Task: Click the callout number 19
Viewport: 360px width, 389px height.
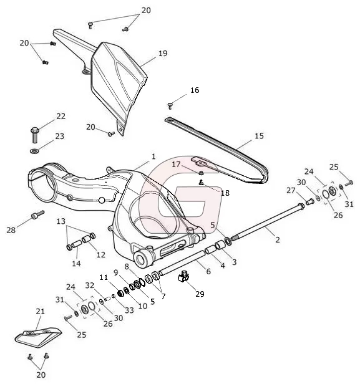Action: pos(163,54)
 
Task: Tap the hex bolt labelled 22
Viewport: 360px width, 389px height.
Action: pos(35,135)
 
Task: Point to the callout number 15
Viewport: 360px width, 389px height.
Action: pos(259,136)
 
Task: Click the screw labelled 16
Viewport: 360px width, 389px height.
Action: pos(170,106)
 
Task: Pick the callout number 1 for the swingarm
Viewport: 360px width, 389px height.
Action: pos(153,157)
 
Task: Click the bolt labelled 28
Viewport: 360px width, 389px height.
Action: pos(37,214)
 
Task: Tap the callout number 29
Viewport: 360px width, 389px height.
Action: pos(200,294)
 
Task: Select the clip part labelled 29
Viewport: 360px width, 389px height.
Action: pos(183,277)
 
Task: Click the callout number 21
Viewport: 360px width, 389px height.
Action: pos(40,311)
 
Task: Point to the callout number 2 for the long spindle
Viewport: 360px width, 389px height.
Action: pos(278,239)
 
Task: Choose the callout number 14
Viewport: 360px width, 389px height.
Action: pos(76,264)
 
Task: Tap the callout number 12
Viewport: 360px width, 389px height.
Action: pos(101,255)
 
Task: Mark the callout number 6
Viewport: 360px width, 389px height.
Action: pos(208,271)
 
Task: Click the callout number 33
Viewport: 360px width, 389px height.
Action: pos(129,310)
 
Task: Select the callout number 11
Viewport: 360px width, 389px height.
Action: pos(104,277)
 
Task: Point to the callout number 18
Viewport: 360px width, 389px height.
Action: pos(225,193)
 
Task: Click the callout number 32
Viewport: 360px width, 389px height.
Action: pos(90,286)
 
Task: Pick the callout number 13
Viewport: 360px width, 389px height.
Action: pos(61,221)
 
